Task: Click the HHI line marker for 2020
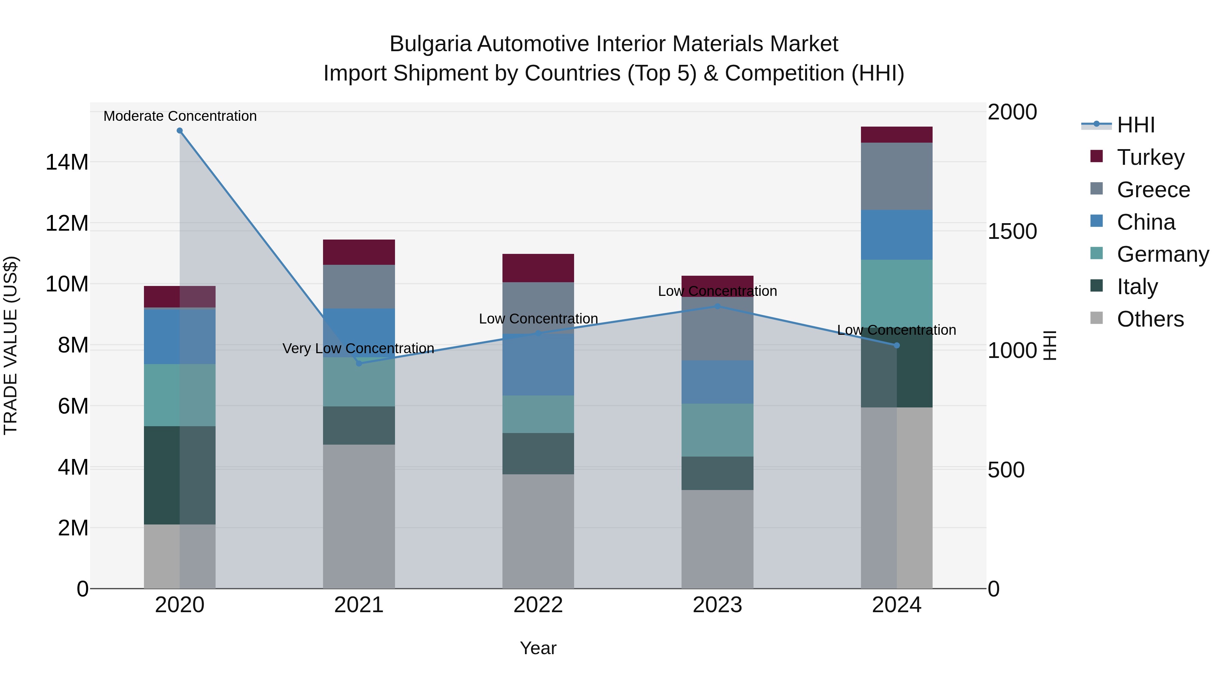180,131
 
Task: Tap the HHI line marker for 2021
359,363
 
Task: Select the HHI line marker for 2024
897,345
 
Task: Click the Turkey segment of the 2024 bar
897,135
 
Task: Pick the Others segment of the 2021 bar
359,517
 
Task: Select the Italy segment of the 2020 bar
180,475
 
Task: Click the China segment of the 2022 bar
538,364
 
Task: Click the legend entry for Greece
1153,190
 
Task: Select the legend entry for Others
1150,319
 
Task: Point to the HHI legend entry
1136,125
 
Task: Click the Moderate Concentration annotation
180,116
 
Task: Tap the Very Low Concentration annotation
358,349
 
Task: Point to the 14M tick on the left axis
67,162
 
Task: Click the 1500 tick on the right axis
1012,231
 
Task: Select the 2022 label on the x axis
538,605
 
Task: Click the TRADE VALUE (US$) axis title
11,345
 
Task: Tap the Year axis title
538,648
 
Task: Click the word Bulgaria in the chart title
430,44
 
